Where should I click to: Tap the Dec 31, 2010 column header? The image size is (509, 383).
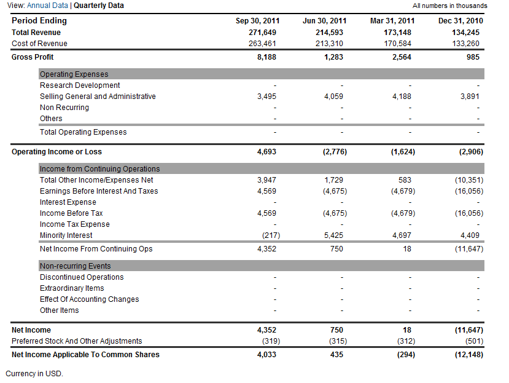tap(460, 21)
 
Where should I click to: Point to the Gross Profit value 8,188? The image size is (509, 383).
tap(266, 57)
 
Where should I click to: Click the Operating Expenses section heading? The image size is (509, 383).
tap(74, 74)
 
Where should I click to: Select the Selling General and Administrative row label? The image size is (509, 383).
tap(98, 97)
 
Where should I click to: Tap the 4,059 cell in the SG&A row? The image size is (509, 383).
tap(333, 97)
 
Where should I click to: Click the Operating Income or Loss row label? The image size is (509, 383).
tap(56, 152)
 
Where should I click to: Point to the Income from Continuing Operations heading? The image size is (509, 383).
tap(99, 169)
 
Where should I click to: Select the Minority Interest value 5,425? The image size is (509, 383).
tap(333, 235)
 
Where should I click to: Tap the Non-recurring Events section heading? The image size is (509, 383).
tap(75, 266)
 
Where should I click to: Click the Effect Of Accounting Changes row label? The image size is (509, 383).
tap(89, 299)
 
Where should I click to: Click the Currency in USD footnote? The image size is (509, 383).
tap(34, 374)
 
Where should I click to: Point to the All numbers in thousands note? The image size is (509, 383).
tap(449, 6)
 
